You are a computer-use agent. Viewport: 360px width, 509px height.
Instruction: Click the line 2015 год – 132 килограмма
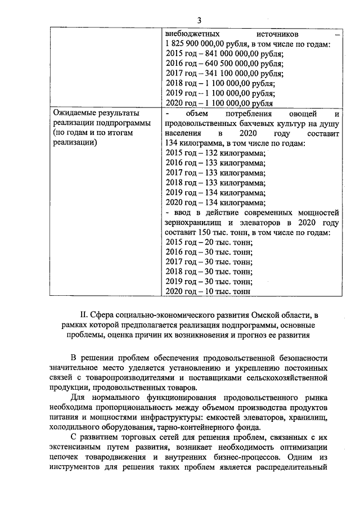[215, 153]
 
